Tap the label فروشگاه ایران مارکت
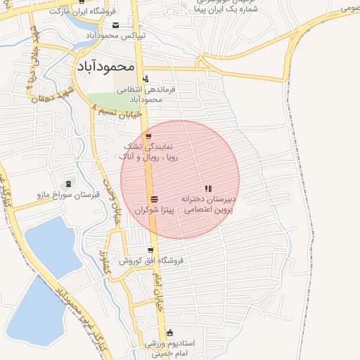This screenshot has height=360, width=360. pyautogui.click(x=79, y=12)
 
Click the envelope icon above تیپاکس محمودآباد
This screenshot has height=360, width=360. pyautogui.click(x=115, y=25)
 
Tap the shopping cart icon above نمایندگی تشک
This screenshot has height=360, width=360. pyautogui.click(x=148, y=136)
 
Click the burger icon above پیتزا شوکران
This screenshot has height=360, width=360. pyautogui.click(x=154, y=198)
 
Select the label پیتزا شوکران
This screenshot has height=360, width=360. pyautogui.click(x=153, y=210)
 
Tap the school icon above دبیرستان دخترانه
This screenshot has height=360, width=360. pyautogui.click(x=207, y=188)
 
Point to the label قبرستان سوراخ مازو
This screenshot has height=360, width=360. pyautogui.click(x=67, y=194)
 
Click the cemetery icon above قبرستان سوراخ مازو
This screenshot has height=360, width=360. pyautogui.click(x=67, y=183)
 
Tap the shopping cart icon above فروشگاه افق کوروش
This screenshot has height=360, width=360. pyautogui.click(x=150, y=250)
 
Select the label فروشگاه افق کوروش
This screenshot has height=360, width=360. pyautogui.click(x=150, y=261)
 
